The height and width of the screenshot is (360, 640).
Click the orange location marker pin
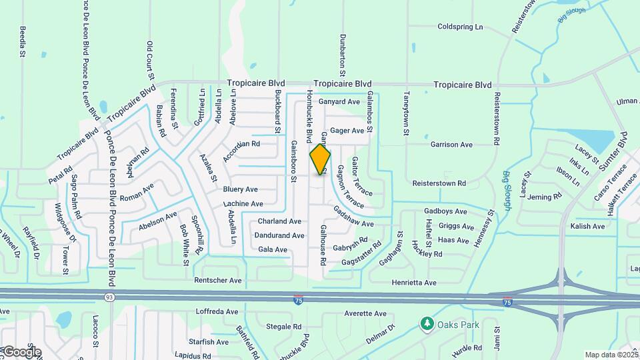pos(321,159)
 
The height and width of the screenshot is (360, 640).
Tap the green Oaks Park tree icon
pos(427,323)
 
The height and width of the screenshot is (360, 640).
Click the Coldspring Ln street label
pos(460,27)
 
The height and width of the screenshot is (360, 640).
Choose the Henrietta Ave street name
pos(414,283)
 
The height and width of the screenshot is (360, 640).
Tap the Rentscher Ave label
pos(217,281)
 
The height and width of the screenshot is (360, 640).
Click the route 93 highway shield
pos(108,297)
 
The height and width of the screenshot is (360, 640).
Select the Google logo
pos(21,351)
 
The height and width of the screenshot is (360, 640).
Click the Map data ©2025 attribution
pos(610,355)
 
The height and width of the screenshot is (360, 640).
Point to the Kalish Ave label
pos(587,227)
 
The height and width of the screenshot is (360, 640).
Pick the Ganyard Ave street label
pos(339,102)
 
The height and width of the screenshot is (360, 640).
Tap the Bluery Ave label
pos(240,189)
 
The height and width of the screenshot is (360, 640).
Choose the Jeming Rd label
pos(544,197)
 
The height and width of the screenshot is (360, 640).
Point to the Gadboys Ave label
pos(445,211)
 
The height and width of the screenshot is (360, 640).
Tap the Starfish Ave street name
pos(209,342)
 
